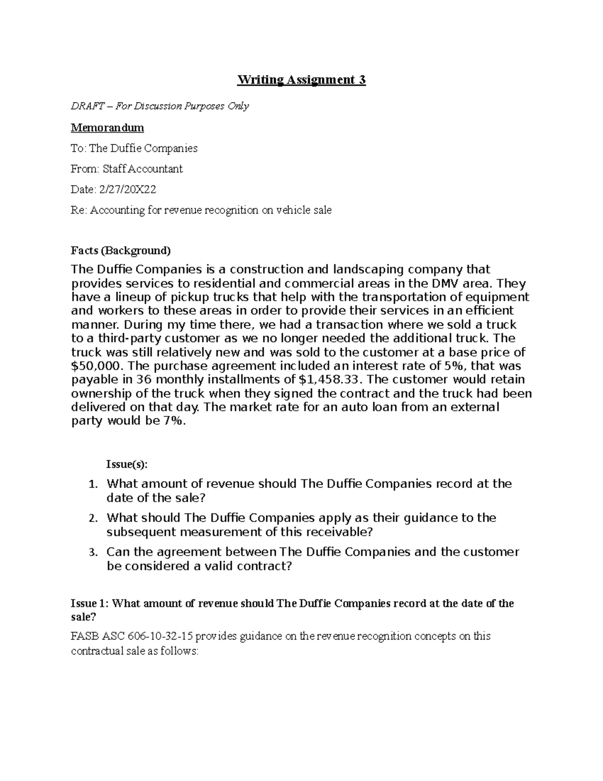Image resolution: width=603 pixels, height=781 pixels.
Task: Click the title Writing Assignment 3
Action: pos(301,80)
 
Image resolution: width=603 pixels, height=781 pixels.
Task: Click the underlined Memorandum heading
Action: pos(107,128)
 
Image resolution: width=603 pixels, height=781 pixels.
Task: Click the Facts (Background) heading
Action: pos(121,250)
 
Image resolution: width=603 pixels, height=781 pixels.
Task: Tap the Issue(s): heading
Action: pos(127,464)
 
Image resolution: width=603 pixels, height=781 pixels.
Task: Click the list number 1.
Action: pos(92,485)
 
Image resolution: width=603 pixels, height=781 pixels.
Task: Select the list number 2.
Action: pos(92,518)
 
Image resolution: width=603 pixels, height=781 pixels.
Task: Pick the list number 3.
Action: pos(92,553)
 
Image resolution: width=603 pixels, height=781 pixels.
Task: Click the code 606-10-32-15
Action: pos(160,636)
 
